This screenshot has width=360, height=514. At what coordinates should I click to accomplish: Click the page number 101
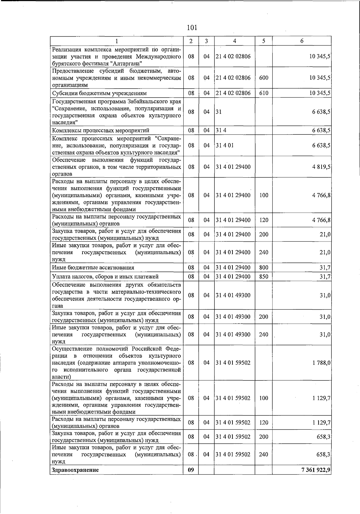[192, 28]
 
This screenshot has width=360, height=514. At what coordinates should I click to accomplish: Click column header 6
[302, 41]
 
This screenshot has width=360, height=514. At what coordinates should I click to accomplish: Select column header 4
[234, 41]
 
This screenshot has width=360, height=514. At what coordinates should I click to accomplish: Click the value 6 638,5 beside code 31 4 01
[321, 146]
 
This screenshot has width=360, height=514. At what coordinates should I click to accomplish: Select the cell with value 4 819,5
[321, 167]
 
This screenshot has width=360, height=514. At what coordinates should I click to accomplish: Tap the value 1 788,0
[321, 363]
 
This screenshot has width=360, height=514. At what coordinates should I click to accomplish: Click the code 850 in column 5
[263, 277]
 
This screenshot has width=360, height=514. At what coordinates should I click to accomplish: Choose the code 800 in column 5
[263, 268]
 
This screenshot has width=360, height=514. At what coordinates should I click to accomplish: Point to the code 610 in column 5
[263, 93]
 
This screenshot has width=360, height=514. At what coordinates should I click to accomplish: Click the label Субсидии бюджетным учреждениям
[99, 93]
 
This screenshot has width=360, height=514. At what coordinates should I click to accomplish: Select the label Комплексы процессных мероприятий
[100, 131]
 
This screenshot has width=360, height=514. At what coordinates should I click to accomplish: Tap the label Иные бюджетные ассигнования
[93, 268]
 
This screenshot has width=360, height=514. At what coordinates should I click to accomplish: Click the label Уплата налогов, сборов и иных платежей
[105, 277]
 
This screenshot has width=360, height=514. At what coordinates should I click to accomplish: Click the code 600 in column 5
[263, 78]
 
